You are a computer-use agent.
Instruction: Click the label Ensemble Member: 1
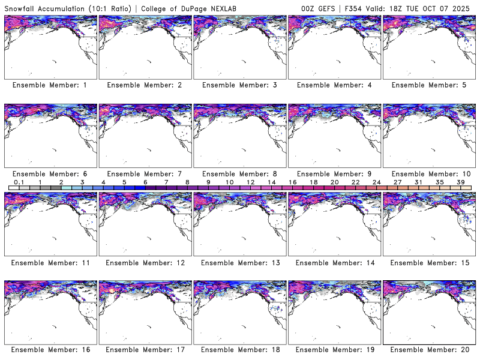click(50, 85)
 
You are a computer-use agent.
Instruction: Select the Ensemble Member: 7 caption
click(145, 174)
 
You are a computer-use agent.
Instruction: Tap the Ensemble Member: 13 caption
click(239, 262)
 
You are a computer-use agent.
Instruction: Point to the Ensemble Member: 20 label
click(429, 350)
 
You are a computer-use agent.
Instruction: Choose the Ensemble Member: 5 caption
click(429, 85)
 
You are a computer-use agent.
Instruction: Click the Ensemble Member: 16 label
click(50, 350)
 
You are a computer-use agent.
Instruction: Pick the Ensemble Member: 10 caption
click(429, 174)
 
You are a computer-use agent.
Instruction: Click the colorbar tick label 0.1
click(19, 182)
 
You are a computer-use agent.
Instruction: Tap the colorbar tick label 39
click(461, 182)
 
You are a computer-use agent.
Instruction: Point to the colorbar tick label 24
click(376, 182)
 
